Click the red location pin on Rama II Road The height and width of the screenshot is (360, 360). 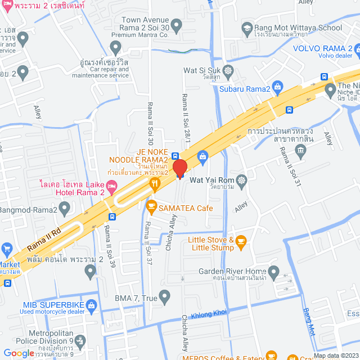click(179, 168)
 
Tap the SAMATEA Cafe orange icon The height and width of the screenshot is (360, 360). click(151, 208)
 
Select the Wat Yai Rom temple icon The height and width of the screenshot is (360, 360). click(242, 180)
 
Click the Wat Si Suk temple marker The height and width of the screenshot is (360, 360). click(228, 71)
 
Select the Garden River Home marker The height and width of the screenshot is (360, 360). click(273, 273)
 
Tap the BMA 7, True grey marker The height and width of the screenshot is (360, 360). click(164, 295)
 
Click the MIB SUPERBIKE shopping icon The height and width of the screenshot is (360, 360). click(92, 305)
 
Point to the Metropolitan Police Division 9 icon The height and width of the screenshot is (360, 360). click(80, 340)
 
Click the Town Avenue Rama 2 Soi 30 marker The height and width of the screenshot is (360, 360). click(176, 25)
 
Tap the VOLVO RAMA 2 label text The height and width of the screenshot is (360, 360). click(321, 47)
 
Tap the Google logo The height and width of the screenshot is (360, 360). click(19, 353)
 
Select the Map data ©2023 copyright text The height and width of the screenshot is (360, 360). click(335, 355)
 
